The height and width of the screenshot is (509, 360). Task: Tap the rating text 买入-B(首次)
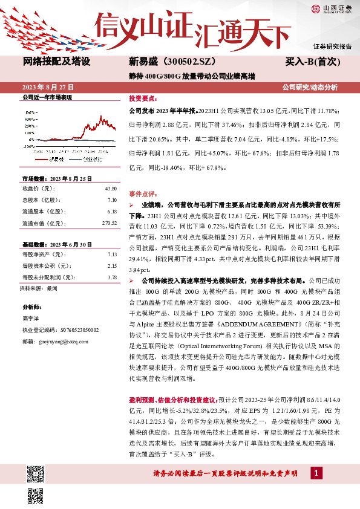coord(313,62)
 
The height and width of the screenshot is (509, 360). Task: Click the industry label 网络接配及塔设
coord(57,62)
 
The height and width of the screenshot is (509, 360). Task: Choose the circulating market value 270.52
coord(108,223)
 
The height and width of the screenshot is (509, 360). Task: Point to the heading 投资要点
coord(142,97)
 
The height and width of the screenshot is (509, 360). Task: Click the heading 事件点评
coord(142,193)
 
